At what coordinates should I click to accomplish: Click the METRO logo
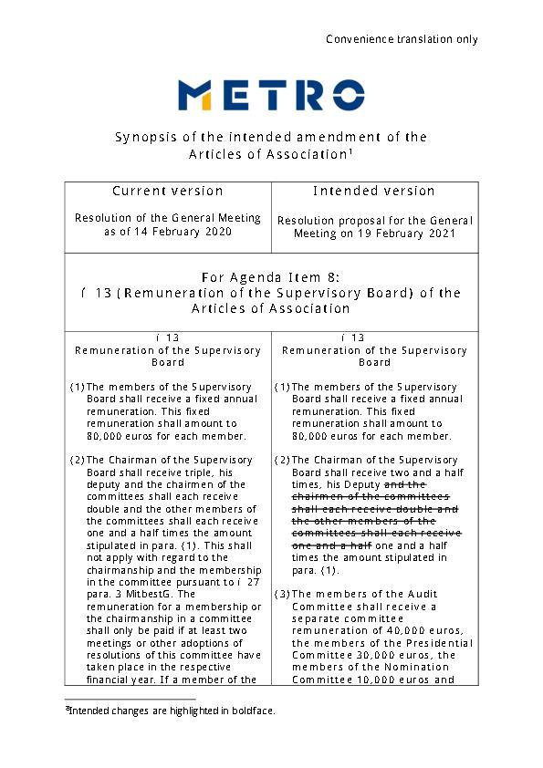(271, 95)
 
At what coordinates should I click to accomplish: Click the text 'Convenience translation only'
(402, 39)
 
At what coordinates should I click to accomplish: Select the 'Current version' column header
(168, 191)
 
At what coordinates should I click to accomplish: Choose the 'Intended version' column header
(374, 191)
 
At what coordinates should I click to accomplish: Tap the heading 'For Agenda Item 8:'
(271, 277)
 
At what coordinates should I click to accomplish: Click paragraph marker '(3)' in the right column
(281, 594)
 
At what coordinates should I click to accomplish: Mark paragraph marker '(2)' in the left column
(77, 460)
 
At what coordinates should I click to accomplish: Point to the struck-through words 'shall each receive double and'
(374, 509)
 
